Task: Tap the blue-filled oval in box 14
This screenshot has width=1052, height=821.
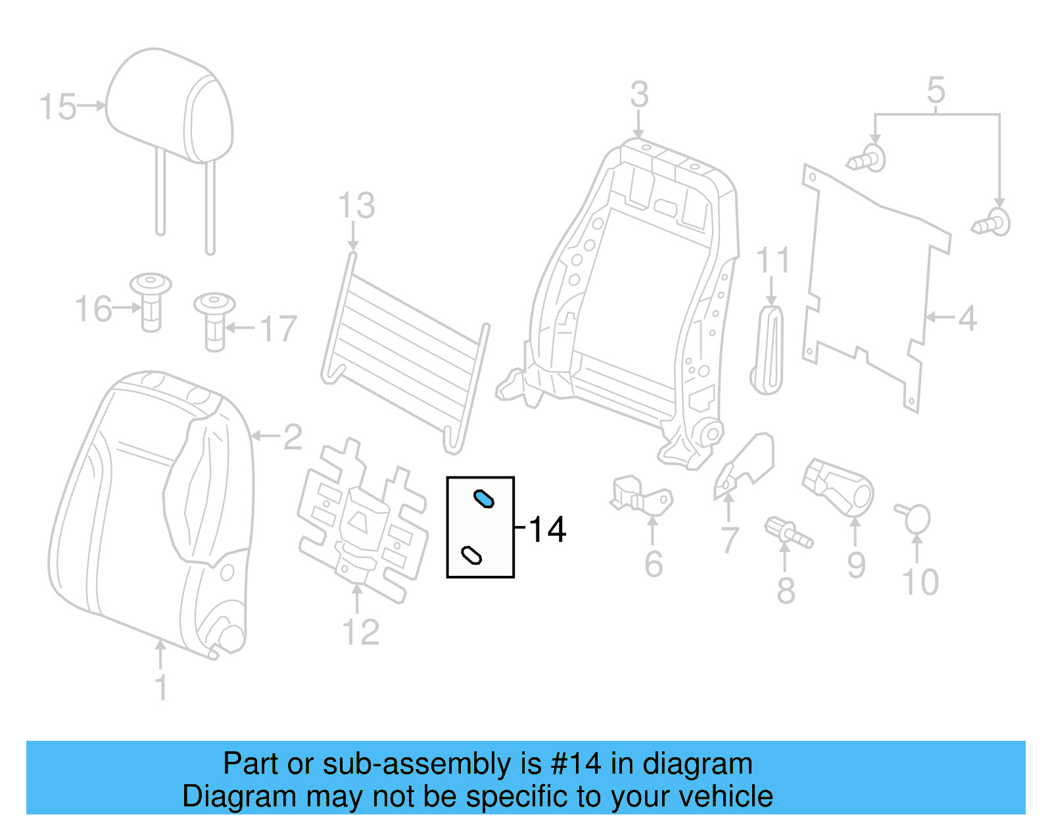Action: click(x=484, y=500)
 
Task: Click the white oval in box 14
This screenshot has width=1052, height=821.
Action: click(x=471, y=555)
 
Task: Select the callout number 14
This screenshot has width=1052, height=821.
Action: click(x=547, y=530)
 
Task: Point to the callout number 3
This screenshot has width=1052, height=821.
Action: click(x=639, y=95)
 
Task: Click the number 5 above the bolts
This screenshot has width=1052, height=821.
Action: click(x=936, y=91)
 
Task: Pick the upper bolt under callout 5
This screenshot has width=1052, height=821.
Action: click(x=867, y=158)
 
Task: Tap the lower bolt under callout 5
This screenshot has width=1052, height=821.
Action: click(x=992, y=223)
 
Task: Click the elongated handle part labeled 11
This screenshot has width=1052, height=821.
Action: click(x=768, y=350)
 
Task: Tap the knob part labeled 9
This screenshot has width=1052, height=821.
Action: click(x=839, y=487)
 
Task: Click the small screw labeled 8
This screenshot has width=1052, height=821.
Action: click(x=788, y=532)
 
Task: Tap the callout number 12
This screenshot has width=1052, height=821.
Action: click(x=361, y=632)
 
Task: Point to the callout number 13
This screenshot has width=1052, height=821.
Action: click(x=356, y=206)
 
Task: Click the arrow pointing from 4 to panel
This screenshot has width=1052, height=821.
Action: click(x=939, y=317)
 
